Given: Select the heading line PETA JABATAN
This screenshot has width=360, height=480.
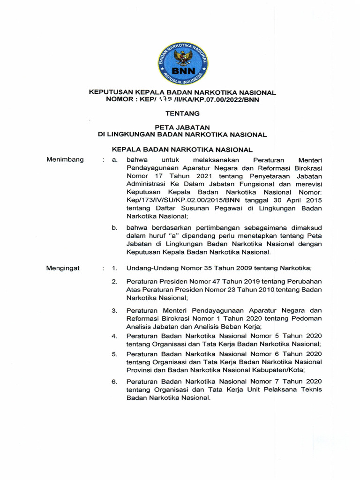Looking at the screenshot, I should (183, 127).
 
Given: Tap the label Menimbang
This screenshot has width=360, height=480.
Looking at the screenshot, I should (65, 159).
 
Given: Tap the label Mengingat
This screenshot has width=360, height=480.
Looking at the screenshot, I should (63, 268).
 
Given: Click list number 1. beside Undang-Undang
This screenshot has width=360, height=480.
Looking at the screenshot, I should (114, 269).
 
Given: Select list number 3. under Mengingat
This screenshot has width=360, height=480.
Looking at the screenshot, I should (114, 311).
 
